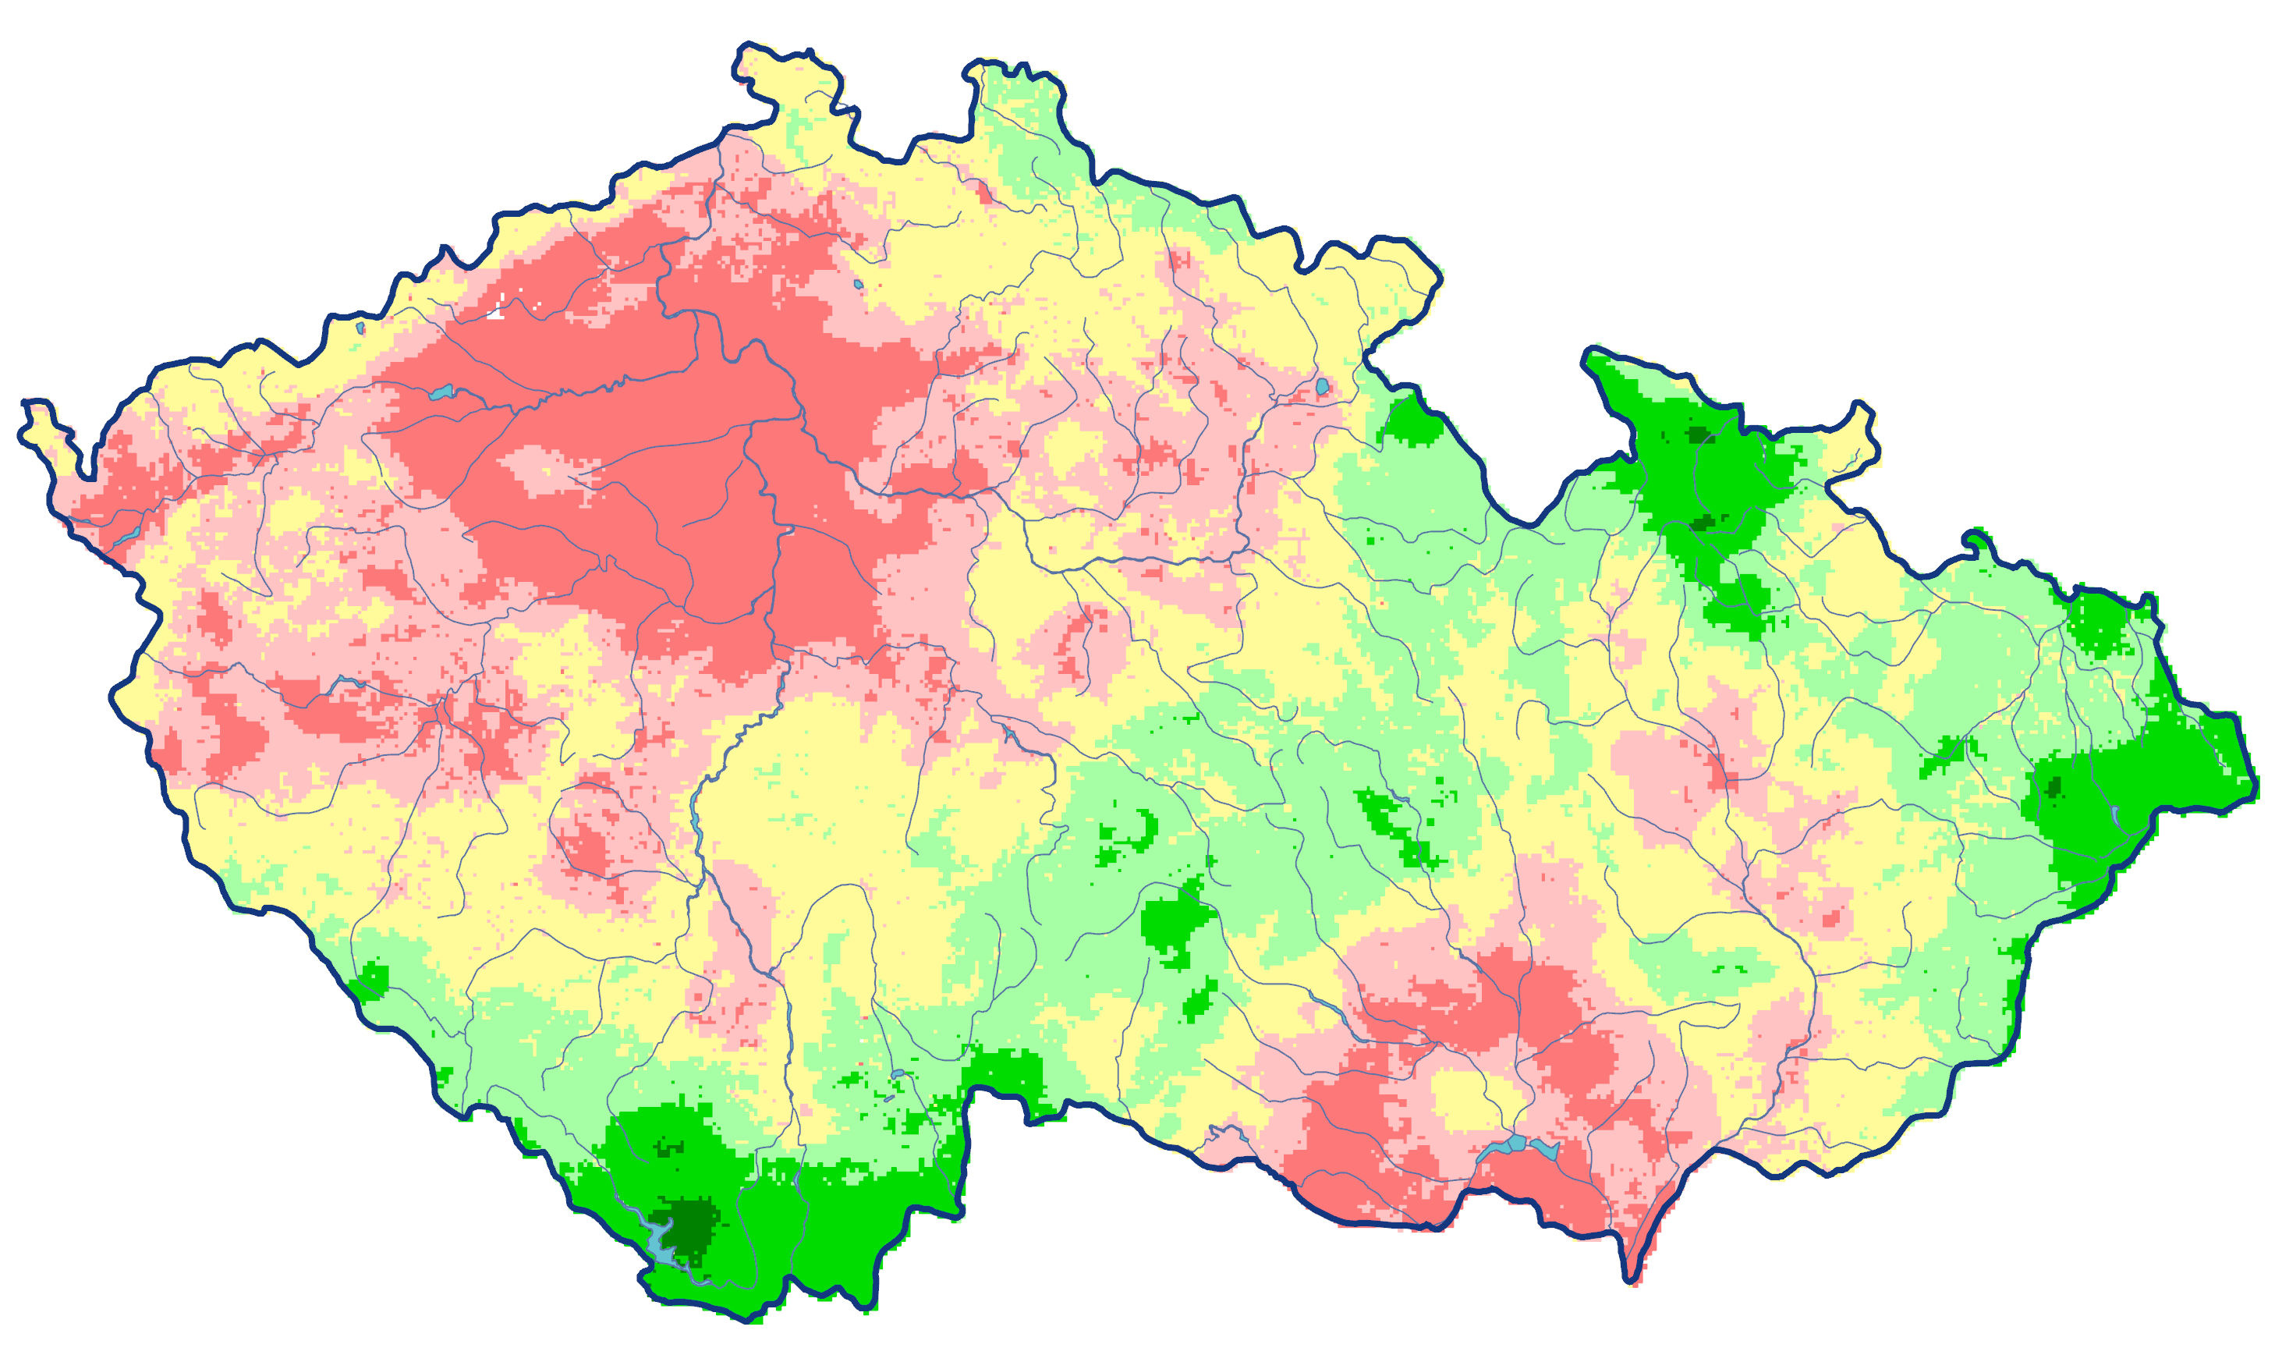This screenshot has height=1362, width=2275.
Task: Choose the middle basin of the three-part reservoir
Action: click(1515, 1144)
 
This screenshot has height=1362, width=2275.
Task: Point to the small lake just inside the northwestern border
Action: click(360, 327)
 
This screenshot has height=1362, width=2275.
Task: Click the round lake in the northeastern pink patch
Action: click(1322, 388)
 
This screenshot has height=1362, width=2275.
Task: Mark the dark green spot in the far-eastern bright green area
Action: click(2053, 786)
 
